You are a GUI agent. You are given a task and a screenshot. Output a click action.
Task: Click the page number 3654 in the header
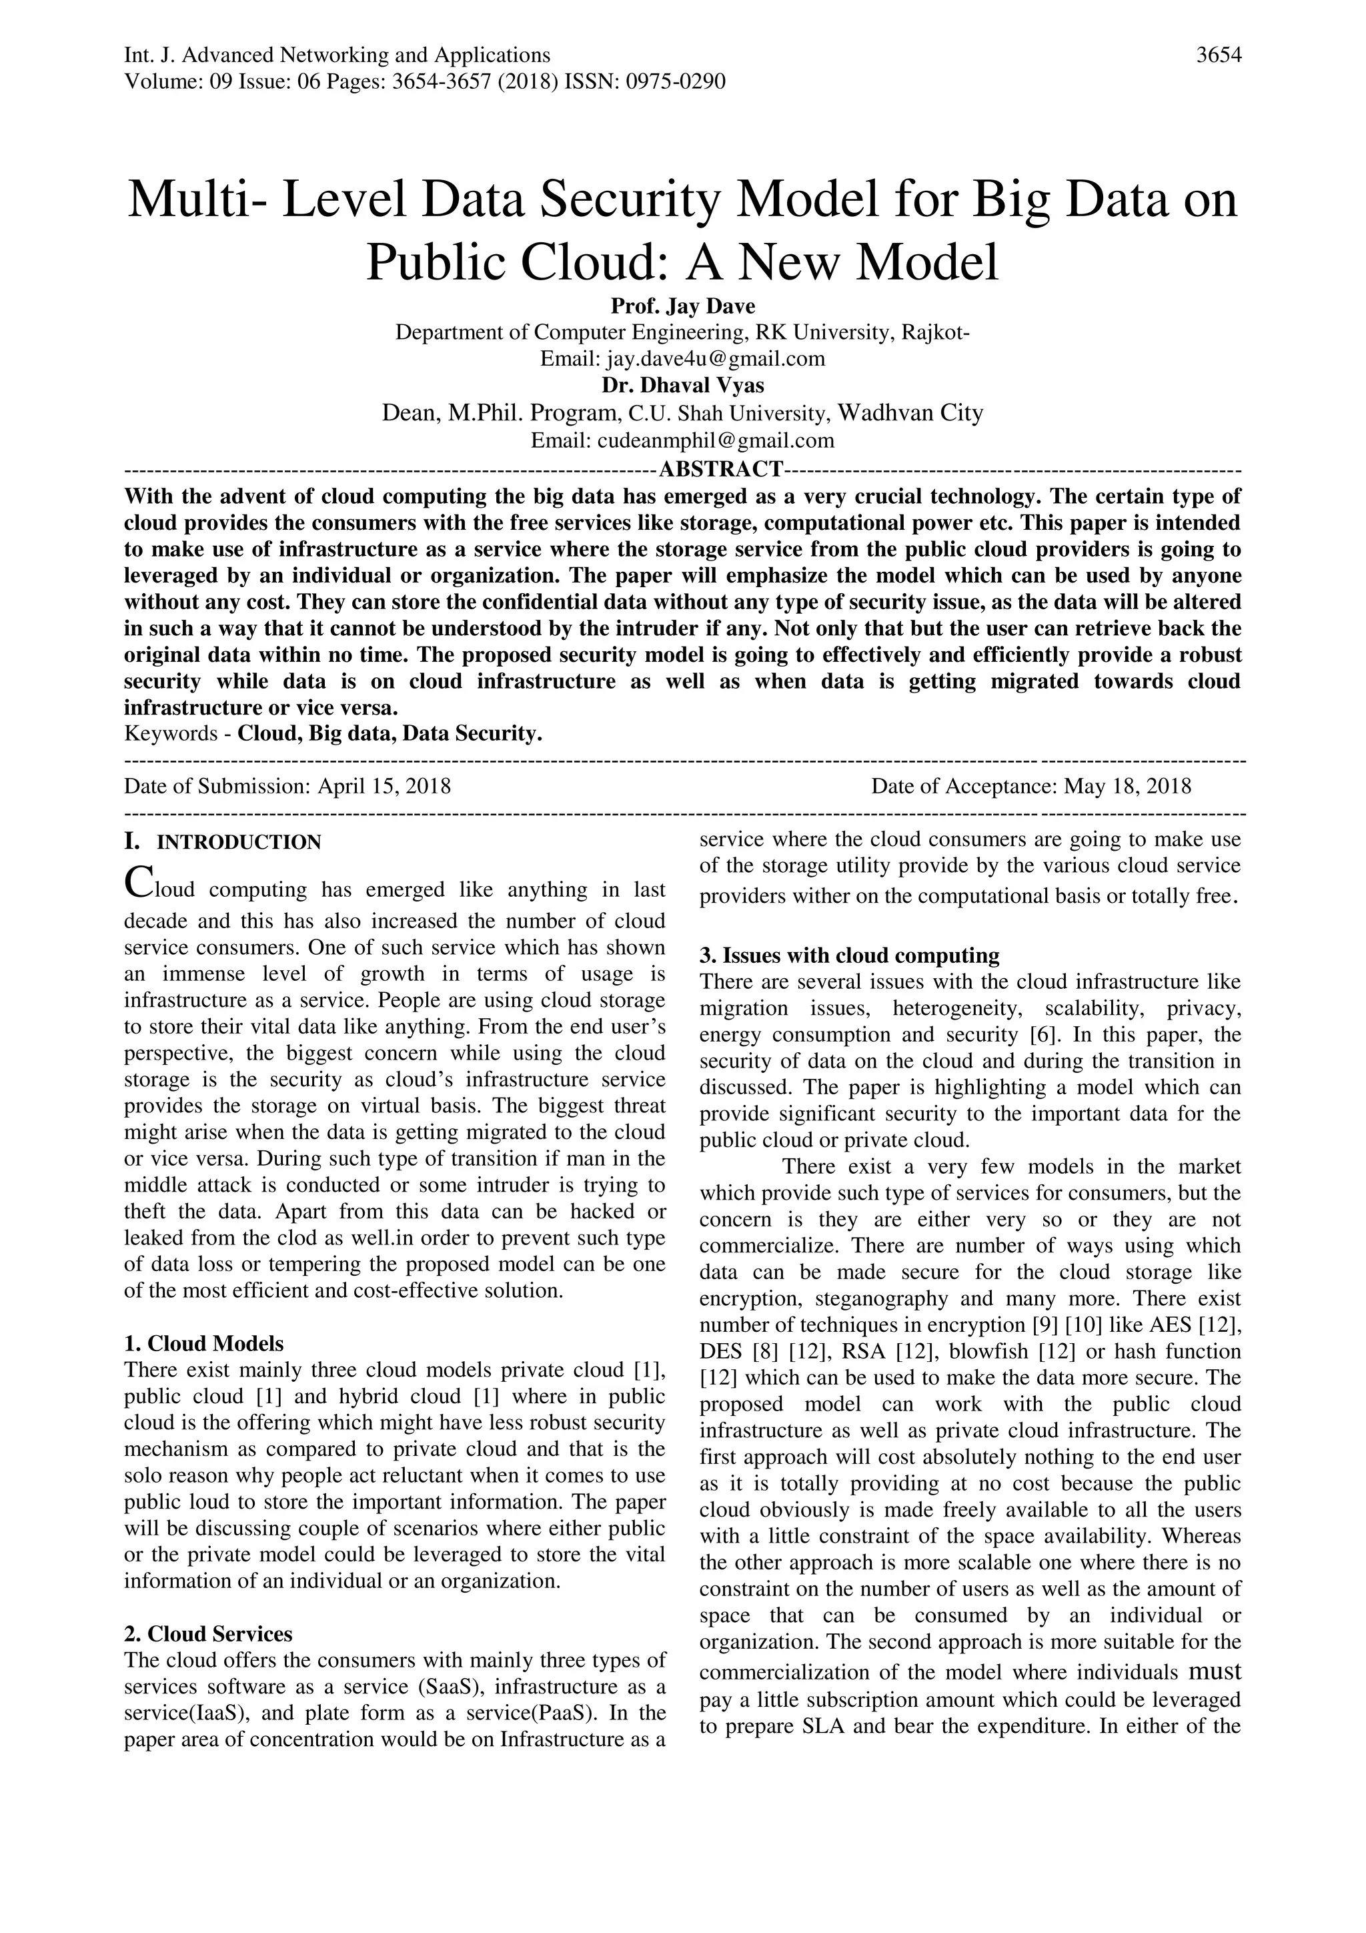pos(1218,55)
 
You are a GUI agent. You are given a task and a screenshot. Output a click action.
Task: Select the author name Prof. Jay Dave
pos(682,306)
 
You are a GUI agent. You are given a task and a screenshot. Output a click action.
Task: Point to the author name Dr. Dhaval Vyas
pos(682,386)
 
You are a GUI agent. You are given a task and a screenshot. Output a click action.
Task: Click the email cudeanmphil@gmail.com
pos(714,440)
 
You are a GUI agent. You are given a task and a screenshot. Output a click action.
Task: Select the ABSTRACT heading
pos(721,468)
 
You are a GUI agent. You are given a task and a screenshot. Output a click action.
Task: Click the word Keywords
pos(171,734)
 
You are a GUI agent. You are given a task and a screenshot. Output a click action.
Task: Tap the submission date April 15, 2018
pos(384,786)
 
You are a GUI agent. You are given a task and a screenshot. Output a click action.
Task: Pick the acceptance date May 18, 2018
pos(1127,786)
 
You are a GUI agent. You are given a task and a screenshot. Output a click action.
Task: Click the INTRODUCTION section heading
pos(239,843)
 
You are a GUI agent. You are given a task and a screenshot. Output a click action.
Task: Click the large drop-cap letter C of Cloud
pos(137,881)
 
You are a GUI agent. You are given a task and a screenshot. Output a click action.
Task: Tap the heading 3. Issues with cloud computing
pos(849,955)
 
